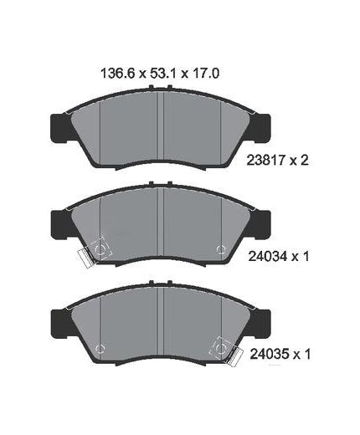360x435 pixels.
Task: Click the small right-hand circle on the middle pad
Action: click(220, 248)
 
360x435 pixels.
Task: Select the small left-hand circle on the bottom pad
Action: click(100, 346)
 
